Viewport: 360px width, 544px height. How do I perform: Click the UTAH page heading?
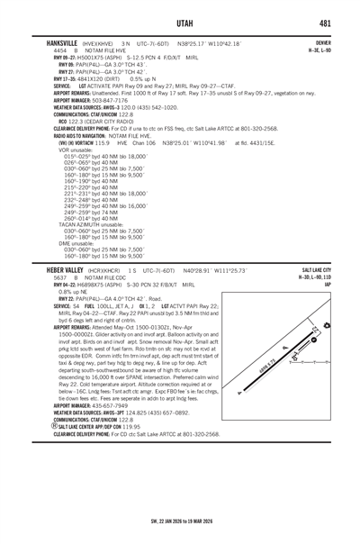tap(180, 21)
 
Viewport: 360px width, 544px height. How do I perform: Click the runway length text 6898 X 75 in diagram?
tap(286, 369)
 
